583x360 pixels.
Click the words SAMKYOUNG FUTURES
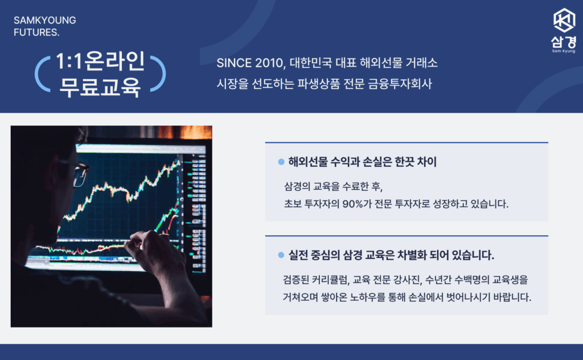pyautogui.click(x=44, y=26)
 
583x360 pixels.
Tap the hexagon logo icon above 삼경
pyautogui.click(x=564, y=21)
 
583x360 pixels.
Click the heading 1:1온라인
pyautogui.click(x=100, y=61)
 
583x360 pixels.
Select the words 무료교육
pyautogui.click(x=100, y=87)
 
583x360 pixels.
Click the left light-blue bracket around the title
pyautogui.click(x=42, y=74)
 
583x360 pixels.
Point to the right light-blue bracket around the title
pyautogui.click(x=158, y=74)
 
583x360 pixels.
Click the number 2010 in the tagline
pyautogui.click(x=269, y=63)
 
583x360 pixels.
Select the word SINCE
pyautogui.click(x=234, y=63)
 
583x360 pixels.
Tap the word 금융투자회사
pyautogui.click(x=400, y=84)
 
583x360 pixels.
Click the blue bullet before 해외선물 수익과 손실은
pyautogui.click(x=281, y=162)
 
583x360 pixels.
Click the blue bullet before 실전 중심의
pyautogui.click(x=281, y=255)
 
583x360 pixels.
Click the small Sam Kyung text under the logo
pyautogui.click(x=564, y=51)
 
